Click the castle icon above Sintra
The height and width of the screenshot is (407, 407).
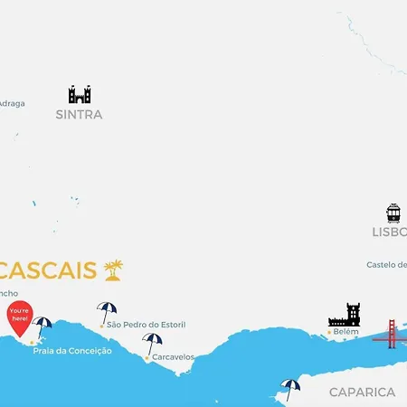point(80,94)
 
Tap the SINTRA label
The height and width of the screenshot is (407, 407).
point(79,115)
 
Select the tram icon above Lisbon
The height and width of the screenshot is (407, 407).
point(393,213)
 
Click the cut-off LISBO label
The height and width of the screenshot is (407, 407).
point(389,232)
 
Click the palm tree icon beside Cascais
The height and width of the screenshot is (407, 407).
point(113,269)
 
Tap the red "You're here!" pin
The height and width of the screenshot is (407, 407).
point(19,317)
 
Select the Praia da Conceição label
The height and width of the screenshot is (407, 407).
point(72,351)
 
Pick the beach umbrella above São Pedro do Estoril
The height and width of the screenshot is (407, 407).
point(107,311)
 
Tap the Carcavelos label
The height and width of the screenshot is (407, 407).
point(173,357)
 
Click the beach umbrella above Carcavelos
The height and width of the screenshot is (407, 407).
point(152,342)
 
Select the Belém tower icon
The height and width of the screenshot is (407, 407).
point(344,316)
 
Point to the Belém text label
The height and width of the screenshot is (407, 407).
point(345,332)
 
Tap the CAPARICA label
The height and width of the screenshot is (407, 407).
point(362,392)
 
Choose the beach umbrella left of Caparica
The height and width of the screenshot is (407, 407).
point(289,388)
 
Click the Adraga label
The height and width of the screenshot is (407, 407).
point(12,103)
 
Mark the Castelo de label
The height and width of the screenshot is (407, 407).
point(386,265)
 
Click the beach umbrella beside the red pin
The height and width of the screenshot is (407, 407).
point(43,326)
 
